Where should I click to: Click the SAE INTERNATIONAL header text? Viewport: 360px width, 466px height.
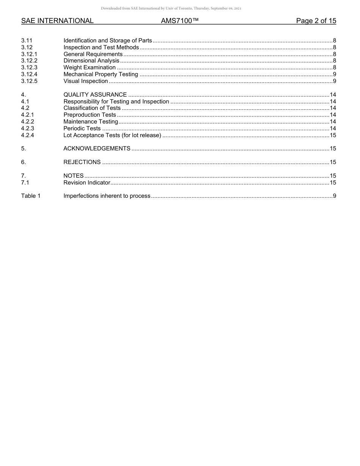57,21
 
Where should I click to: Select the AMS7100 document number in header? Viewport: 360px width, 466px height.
180,21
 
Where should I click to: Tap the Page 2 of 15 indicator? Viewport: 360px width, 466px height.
316,21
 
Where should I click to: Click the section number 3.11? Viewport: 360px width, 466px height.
27,41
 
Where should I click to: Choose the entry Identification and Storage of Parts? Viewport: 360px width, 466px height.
108,41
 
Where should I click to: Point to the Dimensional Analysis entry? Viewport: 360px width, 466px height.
91,61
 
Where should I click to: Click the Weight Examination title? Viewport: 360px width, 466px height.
89,67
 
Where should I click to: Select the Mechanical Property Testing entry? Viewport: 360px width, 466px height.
100,74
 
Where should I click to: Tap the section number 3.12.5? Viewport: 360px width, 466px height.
29,81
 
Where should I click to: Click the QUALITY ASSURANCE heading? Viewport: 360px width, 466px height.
95,95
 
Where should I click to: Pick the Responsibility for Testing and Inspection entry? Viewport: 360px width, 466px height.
116,102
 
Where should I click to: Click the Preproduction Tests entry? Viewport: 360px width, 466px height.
90,115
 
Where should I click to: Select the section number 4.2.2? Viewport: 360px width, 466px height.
28,122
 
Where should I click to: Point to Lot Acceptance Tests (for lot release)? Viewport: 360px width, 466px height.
112,135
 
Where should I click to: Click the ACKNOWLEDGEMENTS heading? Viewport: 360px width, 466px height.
97,149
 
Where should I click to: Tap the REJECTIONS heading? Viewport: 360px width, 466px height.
82,162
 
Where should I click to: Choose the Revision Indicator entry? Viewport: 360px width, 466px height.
87,183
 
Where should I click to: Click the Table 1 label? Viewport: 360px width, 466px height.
31,196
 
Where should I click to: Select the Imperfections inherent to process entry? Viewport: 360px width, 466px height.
107,196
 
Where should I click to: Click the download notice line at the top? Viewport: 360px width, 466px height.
171,8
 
